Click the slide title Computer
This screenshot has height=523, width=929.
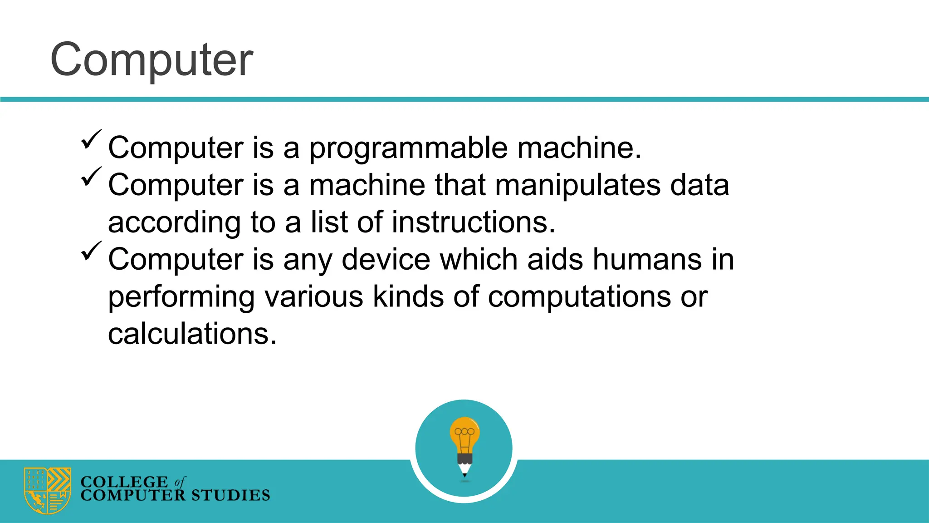click(x=152, y=60)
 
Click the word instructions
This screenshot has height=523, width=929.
click(x=473, y=222)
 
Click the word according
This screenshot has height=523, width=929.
click(x=174, y=223)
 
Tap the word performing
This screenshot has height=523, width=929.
click(x=181, y=298)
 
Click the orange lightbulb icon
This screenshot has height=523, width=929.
click(x=464, y=434)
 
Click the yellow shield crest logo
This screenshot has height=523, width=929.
click(x=48, y=490)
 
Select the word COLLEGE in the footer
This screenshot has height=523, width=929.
click(x=124, y=482)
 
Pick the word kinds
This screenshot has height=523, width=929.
click(x=408, y=297)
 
